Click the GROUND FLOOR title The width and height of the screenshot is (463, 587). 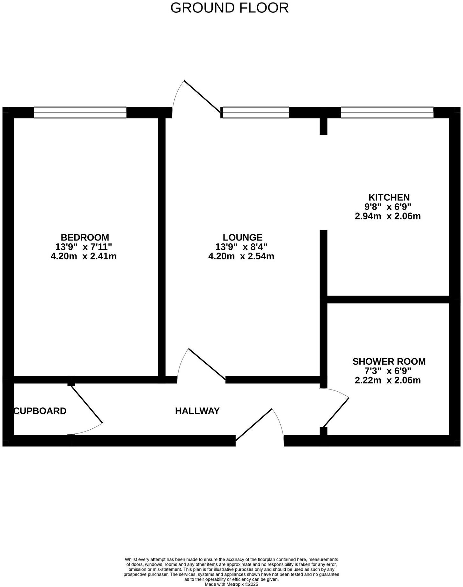(229, 8)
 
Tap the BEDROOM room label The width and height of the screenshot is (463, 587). (85, 237)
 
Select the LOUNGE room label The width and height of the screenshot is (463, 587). (242, 237)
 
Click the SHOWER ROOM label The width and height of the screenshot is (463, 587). (389, 362)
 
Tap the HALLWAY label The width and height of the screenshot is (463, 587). (197, 411)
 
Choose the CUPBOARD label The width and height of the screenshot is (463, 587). (40, 411)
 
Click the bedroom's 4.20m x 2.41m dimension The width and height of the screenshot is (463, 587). (84, 256)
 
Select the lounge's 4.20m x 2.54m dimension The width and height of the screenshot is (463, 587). (241, 256)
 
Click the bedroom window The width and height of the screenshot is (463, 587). (80, 112)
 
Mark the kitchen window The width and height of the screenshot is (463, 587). (387, 112)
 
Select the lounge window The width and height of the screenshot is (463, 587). (256, 112)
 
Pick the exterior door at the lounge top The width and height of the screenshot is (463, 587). (202, 97)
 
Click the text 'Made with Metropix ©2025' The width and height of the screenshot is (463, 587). (231, 584)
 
